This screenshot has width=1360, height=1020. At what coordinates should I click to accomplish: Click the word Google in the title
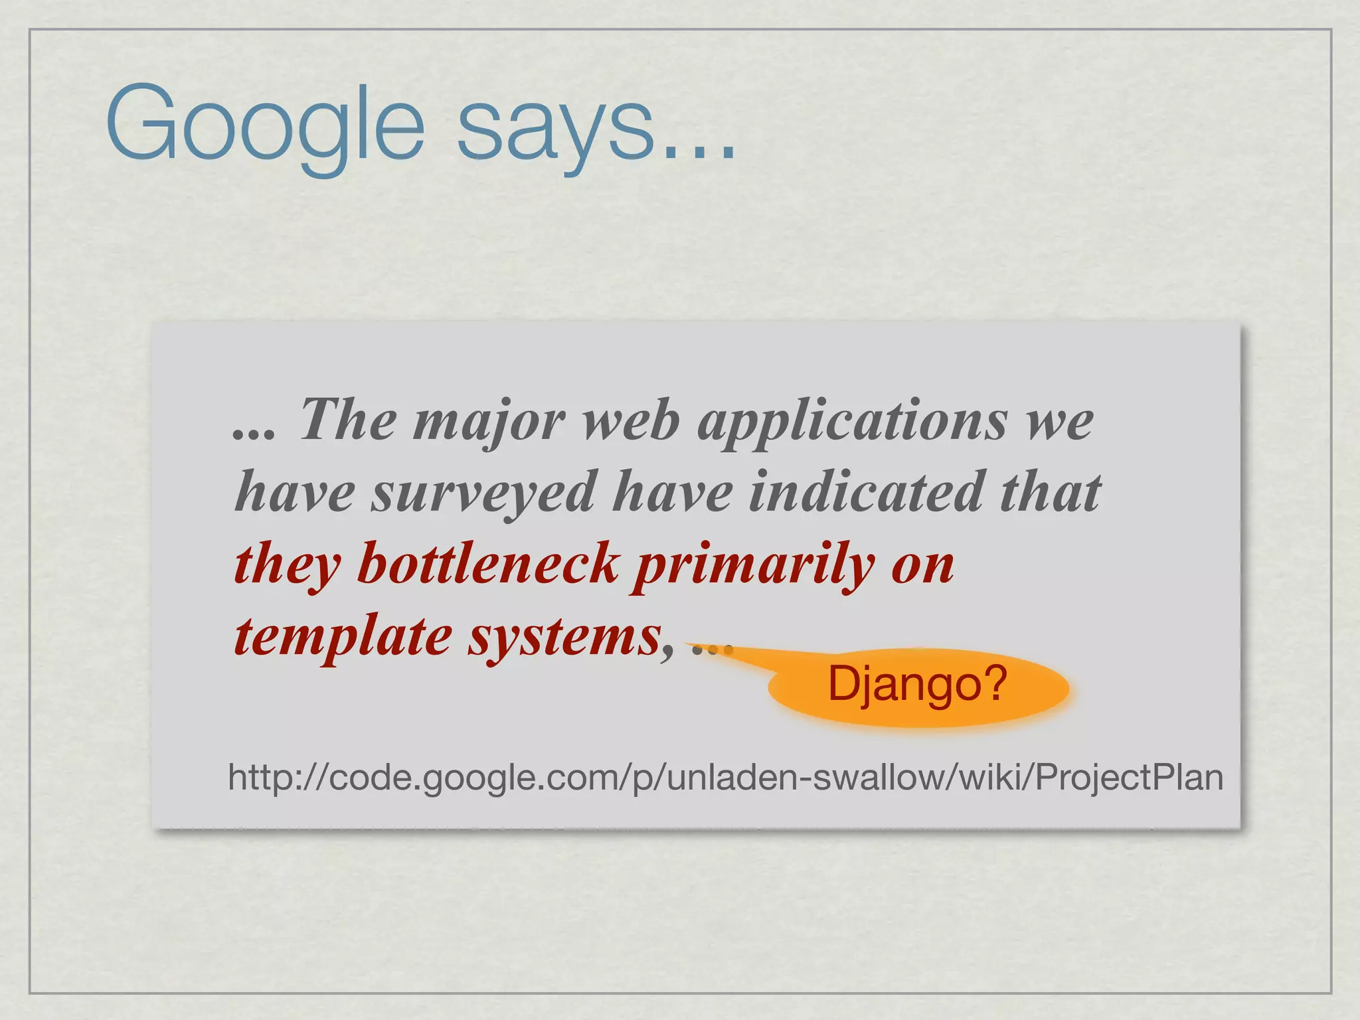pos(264,124)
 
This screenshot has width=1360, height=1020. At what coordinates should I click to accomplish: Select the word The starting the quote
pos(348,420)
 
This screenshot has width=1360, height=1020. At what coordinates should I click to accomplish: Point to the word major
pos(488,422)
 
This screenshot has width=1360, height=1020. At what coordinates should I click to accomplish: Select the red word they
pos(287,564)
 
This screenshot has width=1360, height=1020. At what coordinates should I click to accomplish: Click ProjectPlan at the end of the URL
pos(1129,777)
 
